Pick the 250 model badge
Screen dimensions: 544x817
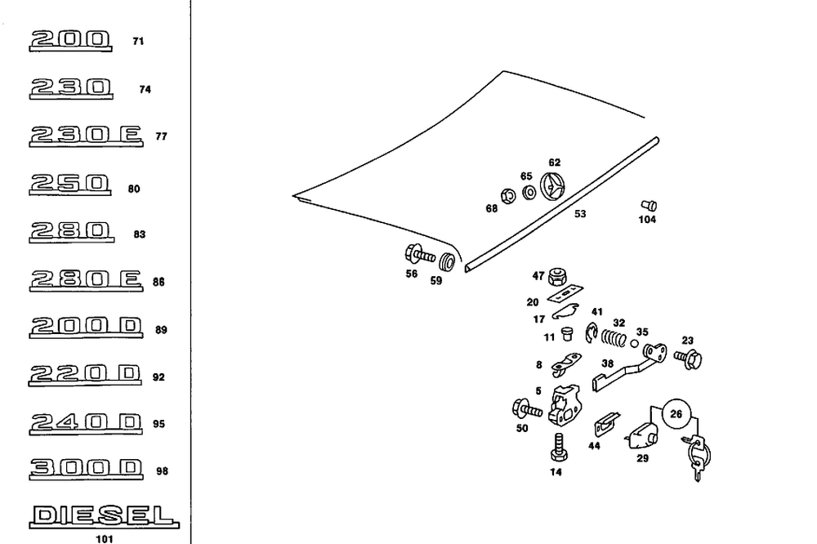pos(69,184)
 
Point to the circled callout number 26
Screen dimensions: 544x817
pos(676,414)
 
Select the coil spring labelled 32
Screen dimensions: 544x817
pos(614,336)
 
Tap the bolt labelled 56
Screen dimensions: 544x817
pos(416,254)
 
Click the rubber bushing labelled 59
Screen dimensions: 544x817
pos(447,264)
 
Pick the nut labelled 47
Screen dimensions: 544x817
pos(560,275)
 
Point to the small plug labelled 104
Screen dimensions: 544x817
pos(649,204)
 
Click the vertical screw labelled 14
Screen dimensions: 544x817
pos(558,446)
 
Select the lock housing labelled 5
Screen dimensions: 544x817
pos(566,404)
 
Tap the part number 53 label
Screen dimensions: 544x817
pos(580,214)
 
